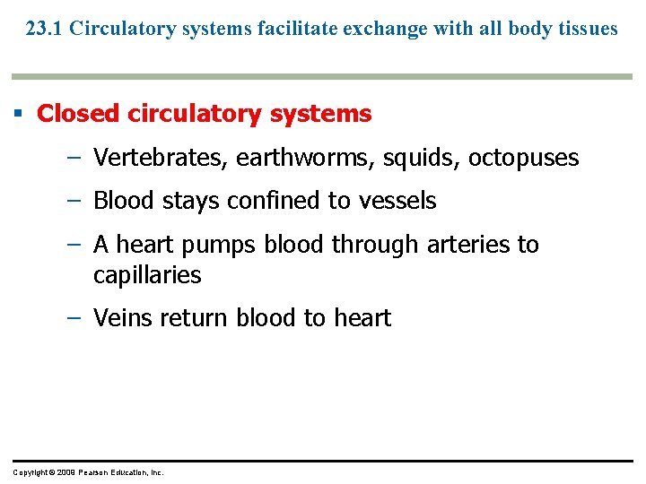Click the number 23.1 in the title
(44, 29)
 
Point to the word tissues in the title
(589, 29)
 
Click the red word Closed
(78, 114)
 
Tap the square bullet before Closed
(18, 114)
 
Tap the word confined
(279, 201)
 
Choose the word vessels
(397, 201)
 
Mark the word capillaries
(147, 275)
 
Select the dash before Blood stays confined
(73, 201)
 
